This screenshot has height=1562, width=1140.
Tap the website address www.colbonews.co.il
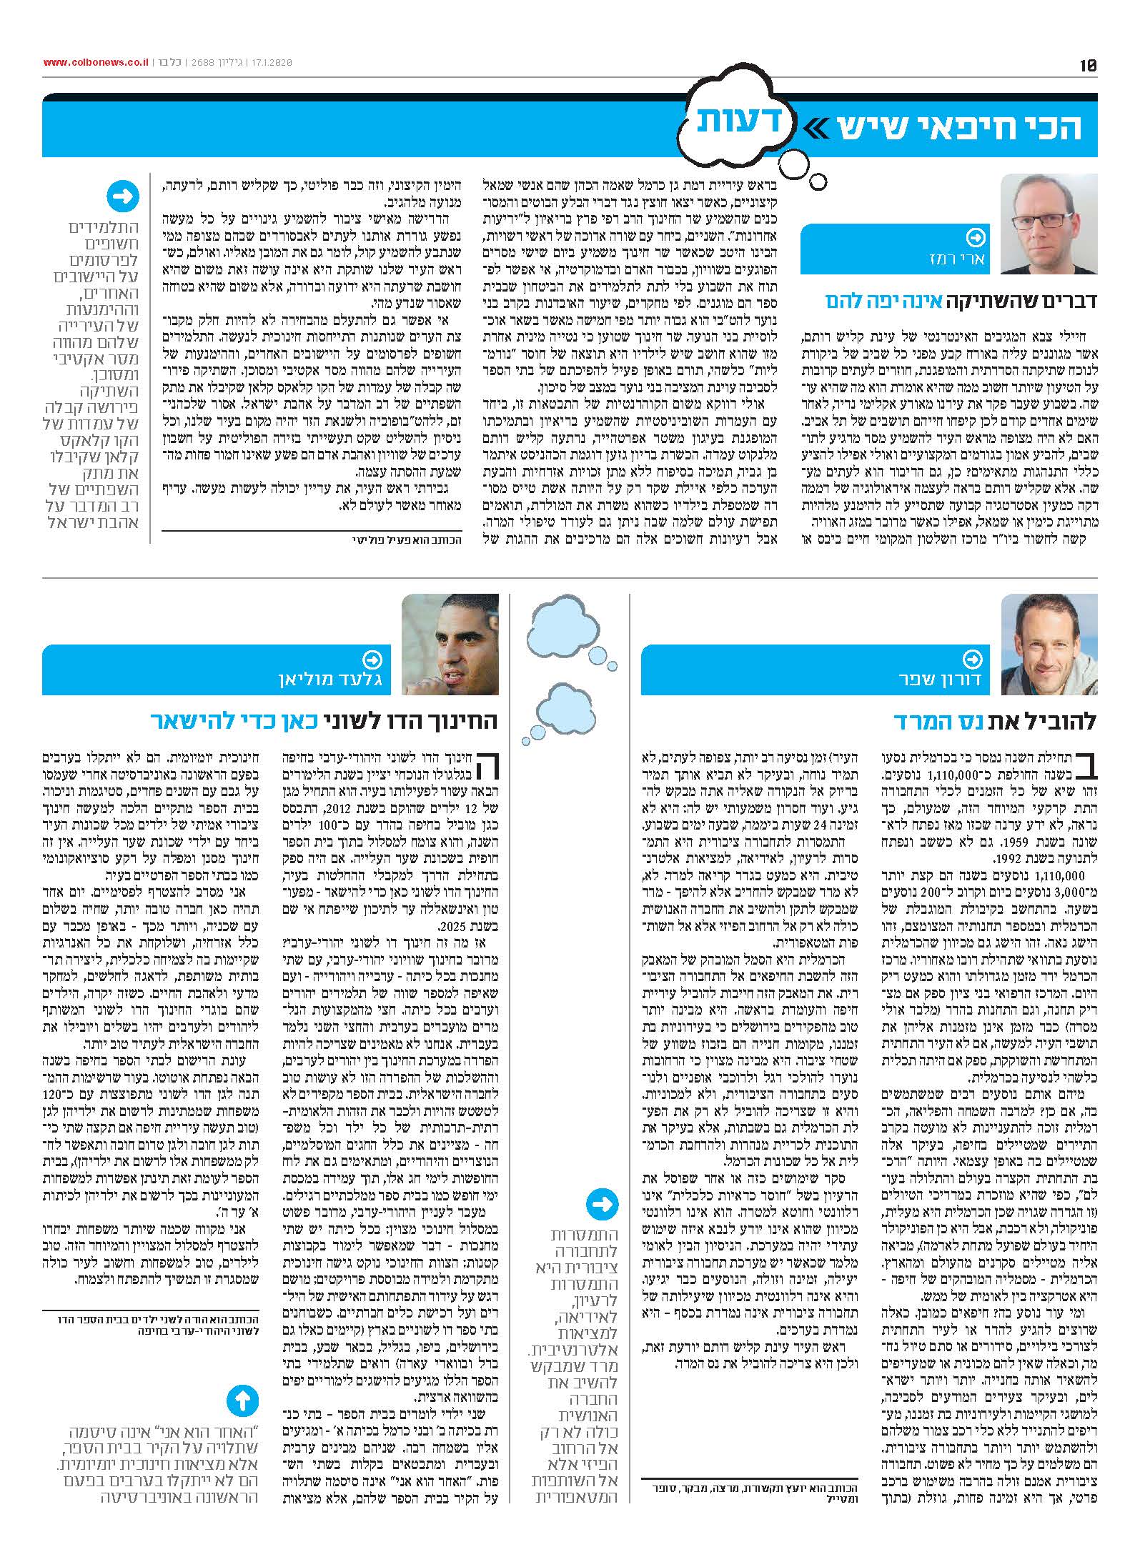point(96,63)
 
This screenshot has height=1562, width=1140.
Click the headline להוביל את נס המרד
point(995,720)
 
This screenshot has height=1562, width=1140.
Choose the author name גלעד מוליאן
point(331,678)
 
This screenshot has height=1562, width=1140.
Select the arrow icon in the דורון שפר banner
point(973,658)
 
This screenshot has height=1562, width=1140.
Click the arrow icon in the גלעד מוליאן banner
point(372,658)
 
